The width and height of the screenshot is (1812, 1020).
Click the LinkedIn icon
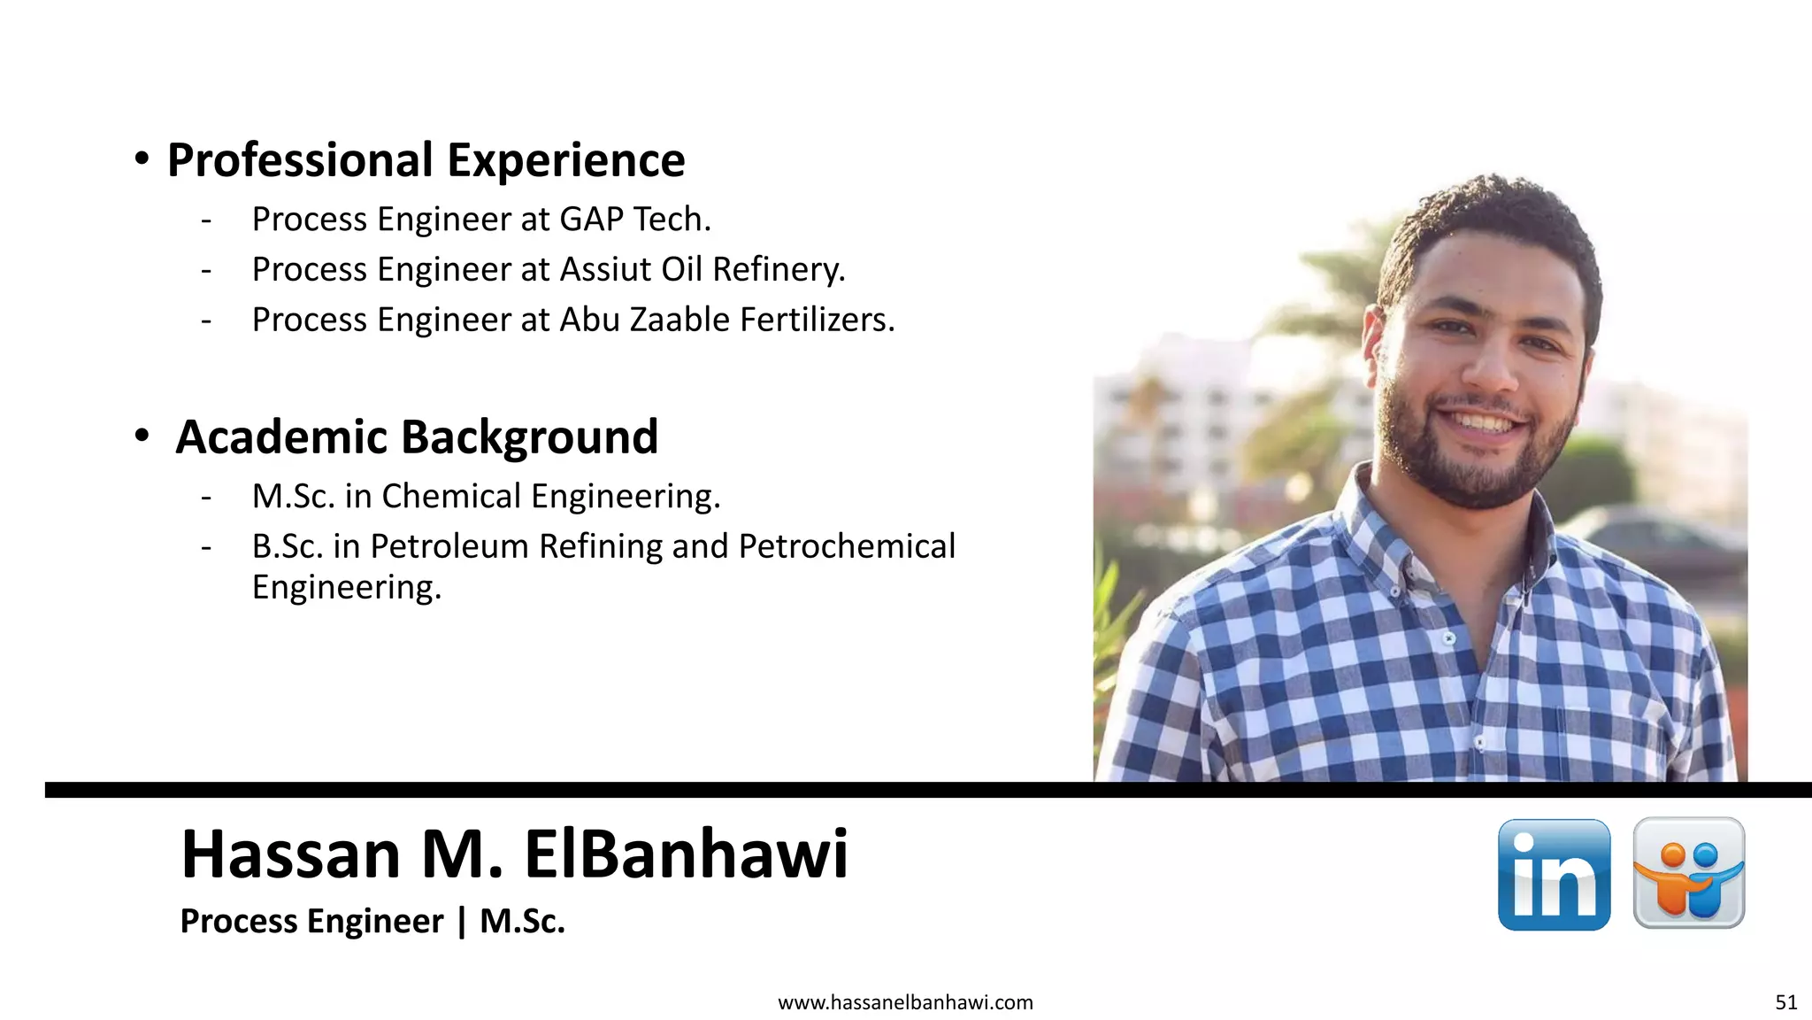[1554, 875]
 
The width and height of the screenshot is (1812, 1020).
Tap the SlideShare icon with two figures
[1688, 873]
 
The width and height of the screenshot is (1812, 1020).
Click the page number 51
[1785, 1002]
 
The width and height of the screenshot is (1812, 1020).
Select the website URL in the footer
[905, 1002]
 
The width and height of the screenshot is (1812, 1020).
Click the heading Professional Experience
[426, 160]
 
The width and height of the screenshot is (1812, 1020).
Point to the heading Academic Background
[417, 437]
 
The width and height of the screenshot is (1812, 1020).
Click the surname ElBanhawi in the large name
[686, 854]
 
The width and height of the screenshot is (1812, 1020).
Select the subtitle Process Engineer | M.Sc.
[372, 922]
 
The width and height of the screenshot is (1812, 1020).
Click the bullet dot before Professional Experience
[142, 159]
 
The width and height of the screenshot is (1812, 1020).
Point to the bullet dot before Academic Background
[142, 436]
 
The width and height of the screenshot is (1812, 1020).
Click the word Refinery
[779, 269]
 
